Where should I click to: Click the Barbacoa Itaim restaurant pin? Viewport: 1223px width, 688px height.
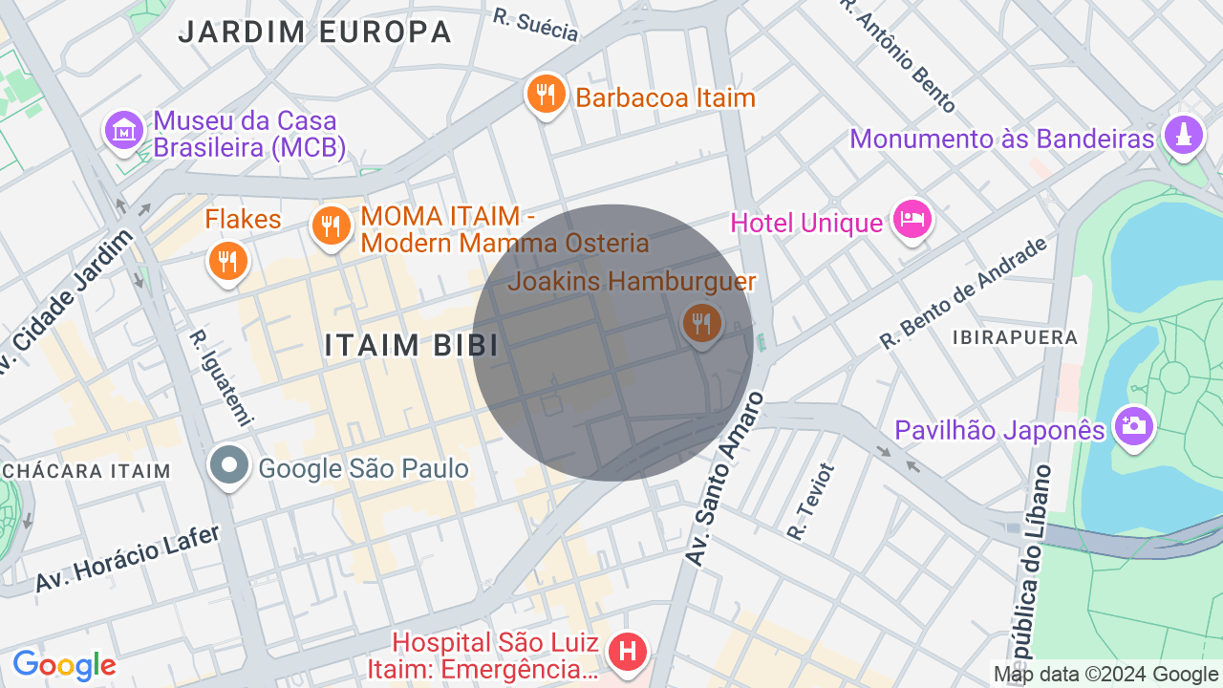coord(546,95)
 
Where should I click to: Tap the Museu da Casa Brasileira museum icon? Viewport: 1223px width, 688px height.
coord(124,130)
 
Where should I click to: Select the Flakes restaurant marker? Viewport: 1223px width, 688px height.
coord(227,259)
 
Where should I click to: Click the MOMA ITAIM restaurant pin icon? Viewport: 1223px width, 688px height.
coord(331,226)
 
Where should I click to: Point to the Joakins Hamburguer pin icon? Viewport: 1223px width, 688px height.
coord(702,322)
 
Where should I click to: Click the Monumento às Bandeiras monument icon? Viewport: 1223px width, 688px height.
coord(1183,135)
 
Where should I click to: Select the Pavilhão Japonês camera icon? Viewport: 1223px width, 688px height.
coord(1133,425)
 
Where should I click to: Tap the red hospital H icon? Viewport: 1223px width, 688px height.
coord(628,653)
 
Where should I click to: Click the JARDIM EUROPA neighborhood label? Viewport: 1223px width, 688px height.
coord(314,32)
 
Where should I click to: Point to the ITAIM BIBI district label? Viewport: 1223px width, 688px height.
coord(411,345)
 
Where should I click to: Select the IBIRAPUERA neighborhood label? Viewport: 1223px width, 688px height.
coord(1015,337)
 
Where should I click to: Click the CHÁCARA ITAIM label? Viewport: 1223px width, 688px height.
coord(86,470)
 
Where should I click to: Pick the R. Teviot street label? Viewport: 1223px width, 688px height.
coord(811,501)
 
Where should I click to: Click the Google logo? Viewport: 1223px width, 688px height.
coord(64,665)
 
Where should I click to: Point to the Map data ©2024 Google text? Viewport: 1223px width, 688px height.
coord(1105,675)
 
